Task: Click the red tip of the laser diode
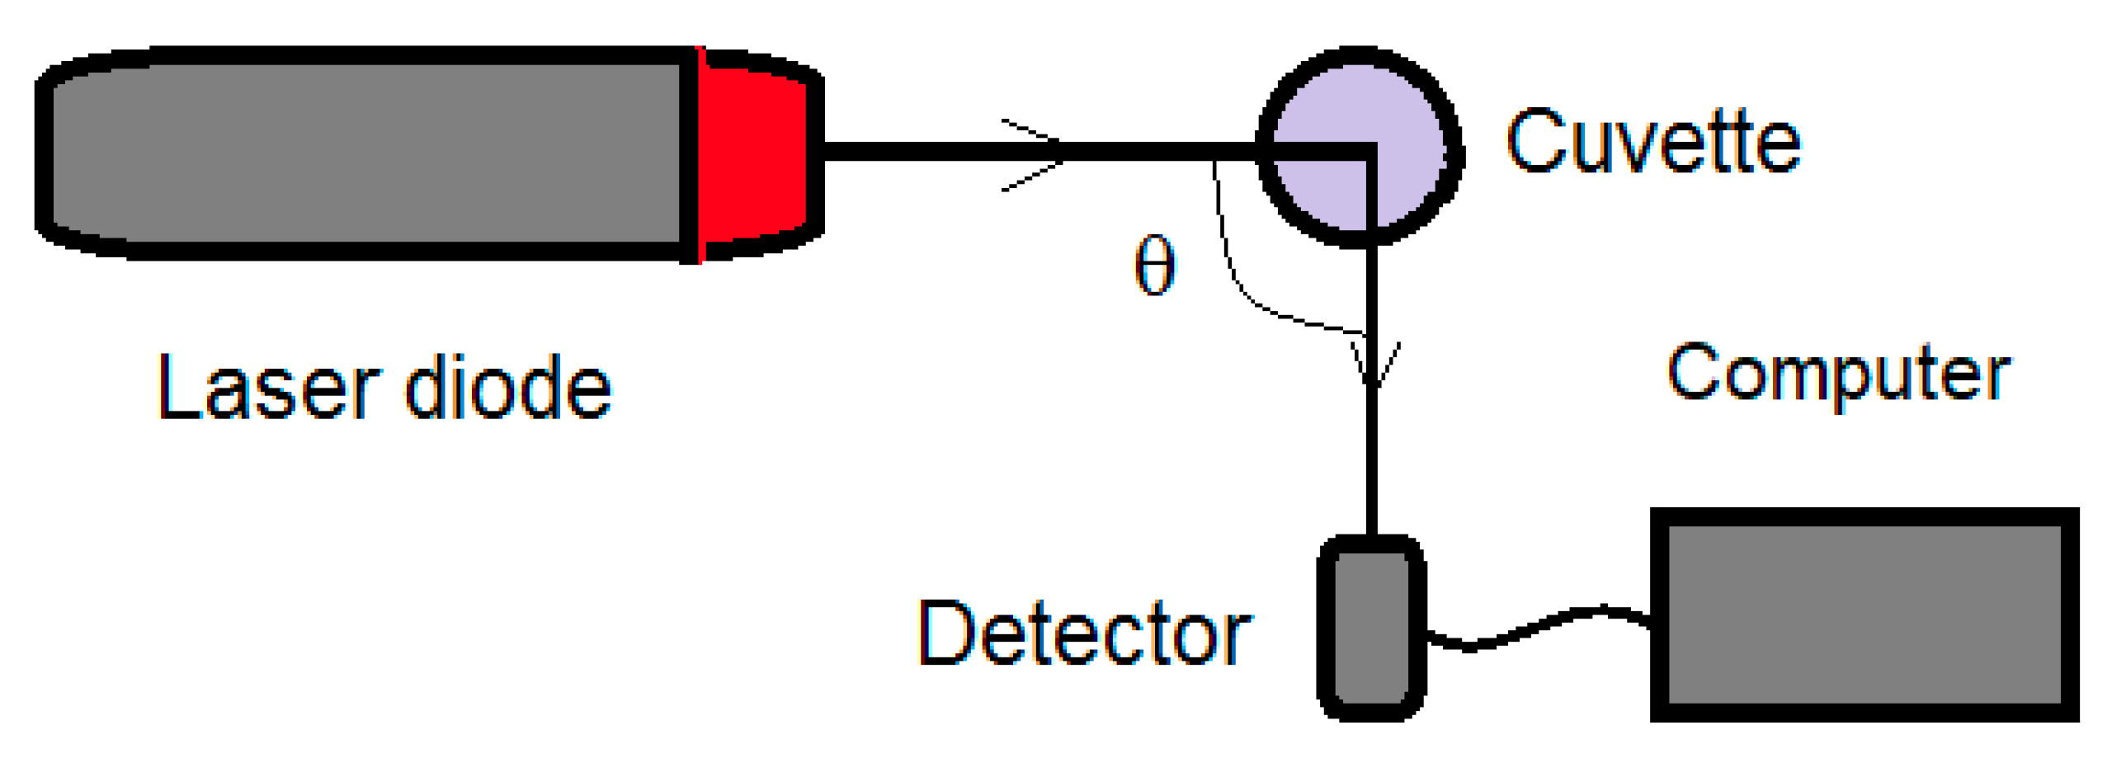[x=752, y=155]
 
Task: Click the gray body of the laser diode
[x=363, y=153]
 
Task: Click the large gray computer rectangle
[x=1863, y=615]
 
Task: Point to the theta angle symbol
[x=1154, y=266]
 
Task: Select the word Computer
[x=1837, y=374]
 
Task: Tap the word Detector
[x=1084, y=633]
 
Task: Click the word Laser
[x=269, y=387]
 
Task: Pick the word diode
[x=508, y=387]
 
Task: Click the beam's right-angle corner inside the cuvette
[x=1369, y=152]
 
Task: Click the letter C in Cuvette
[x=1531, y=142]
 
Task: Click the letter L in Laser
[x=177, y=387]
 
